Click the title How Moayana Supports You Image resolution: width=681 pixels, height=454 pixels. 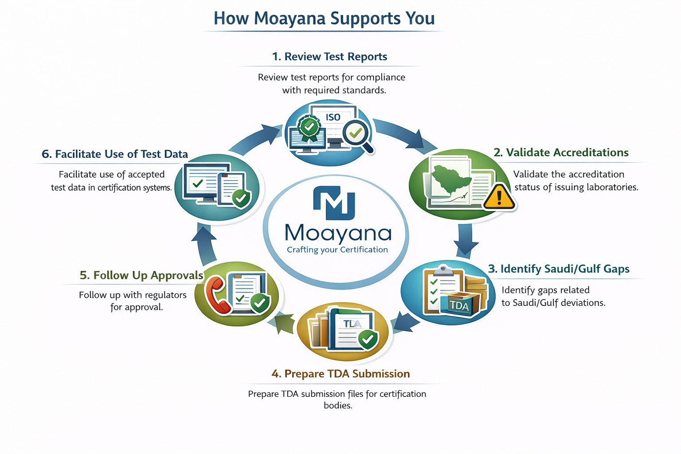[x=324, y=19]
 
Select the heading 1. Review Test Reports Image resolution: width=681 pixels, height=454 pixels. [x=329, y=57]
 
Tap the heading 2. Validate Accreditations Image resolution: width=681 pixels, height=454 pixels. [x=561, y=153]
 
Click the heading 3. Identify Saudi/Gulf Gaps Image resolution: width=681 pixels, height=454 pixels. [x=559, y=269]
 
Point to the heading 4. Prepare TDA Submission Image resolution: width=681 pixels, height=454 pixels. [x=340, y=374]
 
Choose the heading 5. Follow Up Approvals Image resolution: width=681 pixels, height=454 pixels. [x=141, y=275]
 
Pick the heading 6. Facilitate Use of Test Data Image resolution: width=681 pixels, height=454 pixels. [x=115, y=154]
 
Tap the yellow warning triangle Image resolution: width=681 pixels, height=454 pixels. [x=499, y=197]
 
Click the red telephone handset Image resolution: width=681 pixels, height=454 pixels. [x=217, y=295]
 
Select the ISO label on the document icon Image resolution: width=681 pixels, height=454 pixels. [x=333, y=117]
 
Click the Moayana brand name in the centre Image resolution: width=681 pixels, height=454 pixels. [x=338, y=233]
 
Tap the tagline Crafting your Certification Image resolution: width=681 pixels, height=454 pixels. [x=337, y=250]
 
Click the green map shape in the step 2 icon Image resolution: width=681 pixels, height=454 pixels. [x=450, y=179]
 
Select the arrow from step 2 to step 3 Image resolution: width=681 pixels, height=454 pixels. [x=465, y=240]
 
